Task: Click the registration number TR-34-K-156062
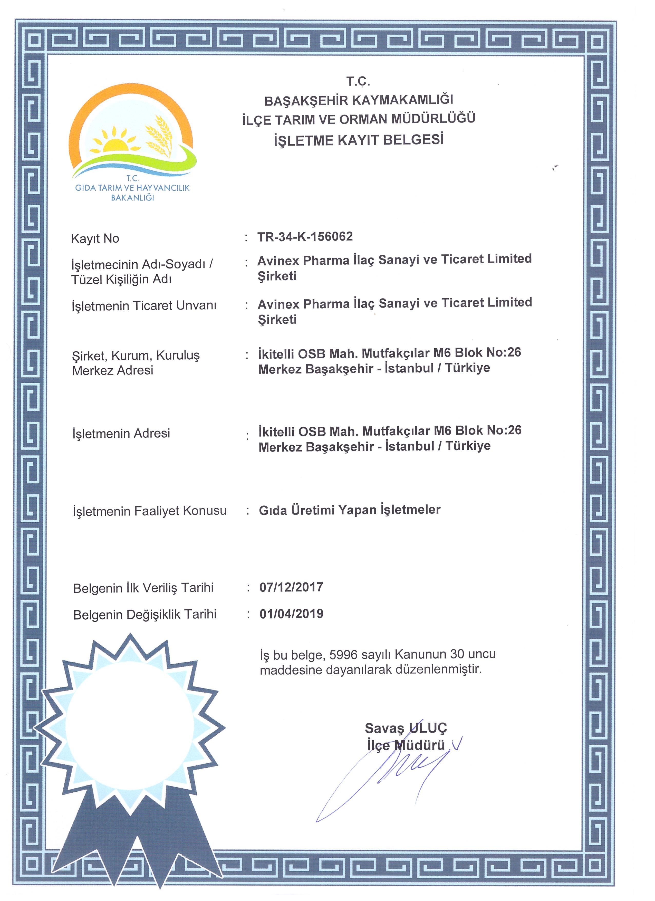click(305, 237)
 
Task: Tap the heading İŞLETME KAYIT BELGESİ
click(358, 140)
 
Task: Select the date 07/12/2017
click(291, 587)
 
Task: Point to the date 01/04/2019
click(291, 614)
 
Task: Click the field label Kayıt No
click(95, 238)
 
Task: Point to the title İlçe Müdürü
click(406, 745)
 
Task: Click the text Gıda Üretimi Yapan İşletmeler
click(350, 510)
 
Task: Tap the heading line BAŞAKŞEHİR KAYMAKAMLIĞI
click(359, 100)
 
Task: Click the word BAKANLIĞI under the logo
click(132, 197)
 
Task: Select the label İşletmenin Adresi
click(121, 433)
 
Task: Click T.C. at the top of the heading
click(358, 81)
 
